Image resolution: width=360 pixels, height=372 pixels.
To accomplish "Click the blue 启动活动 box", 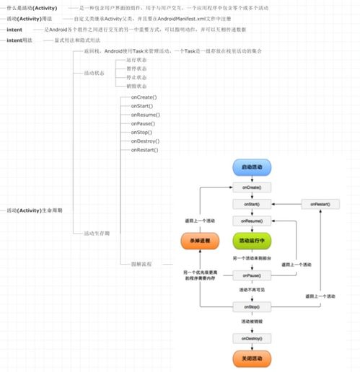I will [252, 167].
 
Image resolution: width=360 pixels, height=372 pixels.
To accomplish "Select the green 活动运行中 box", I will [252, 242].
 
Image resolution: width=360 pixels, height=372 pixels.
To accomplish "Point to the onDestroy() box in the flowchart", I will [252, 337].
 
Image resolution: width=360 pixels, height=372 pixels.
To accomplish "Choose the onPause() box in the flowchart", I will [252, 275].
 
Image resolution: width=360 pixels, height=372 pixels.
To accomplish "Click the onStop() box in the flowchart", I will [252, 306].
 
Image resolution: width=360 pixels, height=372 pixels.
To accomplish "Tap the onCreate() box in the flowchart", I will [252, 187].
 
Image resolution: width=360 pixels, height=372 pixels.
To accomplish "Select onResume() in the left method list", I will [145, 115].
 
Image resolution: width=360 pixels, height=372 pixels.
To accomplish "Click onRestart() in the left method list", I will [145, 150].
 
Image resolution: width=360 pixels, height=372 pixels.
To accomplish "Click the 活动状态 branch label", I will [95, 73].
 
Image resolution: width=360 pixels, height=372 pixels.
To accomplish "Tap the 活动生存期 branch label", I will [97, 234].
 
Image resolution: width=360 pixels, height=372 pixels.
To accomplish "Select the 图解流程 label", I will [141, 265].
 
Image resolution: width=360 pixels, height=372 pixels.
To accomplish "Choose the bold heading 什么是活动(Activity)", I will [32, 7].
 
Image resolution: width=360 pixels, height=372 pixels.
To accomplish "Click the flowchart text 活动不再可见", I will [252, 291].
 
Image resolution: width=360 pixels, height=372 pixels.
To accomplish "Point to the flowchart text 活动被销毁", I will [252, 322].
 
